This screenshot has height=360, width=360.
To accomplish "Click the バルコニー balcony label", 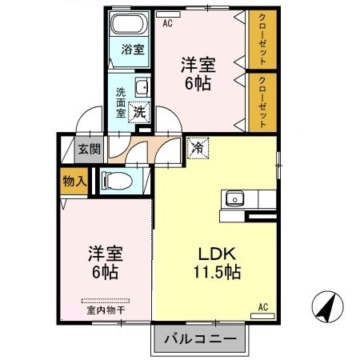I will click(201, 339).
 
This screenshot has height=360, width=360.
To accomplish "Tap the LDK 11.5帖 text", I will click(212, 262).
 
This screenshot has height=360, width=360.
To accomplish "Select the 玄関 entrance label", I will click(89, 149).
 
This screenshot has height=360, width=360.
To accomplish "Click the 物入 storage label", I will click(74, 182).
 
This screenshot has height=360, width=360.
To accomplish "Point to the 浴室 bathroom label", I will click(131, 50).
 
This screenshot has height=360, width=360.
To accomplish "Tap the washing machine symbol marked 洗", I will click(139, 113).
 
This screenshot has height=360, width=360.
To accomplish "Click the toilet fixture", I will click(115, 182).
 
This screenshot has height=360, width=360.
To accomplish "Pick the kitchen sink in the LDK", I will click(235, 198).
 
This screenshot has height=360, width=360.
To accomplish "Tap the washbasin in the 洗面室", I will click(142, 88).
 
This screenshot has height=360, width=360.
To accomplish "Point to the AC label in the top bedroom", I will click(167, 23).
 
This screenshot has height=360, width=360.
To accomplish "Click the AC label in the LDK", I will click(262, 306).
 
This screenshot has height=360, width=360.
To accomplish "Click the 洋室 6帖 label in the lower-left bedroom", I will click(103, 263).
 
